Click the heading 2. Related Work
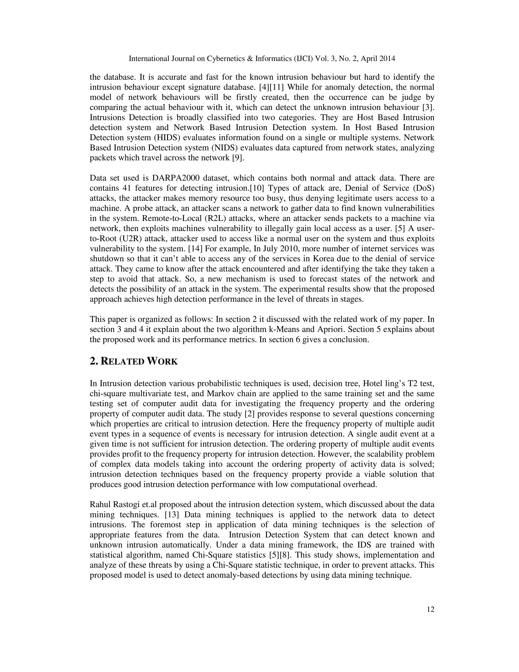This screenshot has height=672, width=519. pyautogui.click(x=134, y=361)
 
